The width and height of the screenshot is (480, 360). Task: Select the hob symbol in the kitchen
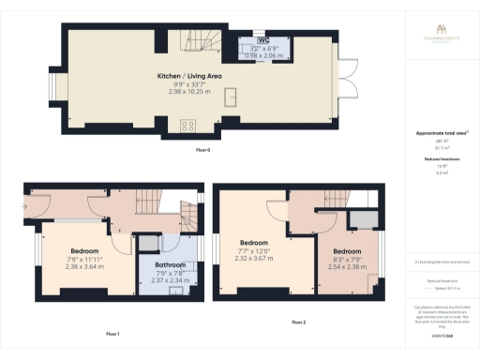tap(187, 126)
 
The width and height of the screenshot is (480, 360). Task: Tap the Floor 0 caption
tap(202, 149)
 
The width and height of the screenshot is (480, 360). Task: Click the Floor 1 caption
tap(112, 334)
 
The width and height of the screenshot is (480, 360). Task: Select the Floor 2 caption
tap(298, 322)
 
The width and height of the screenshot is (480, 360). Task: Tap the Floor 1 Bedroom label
tap(85, 250)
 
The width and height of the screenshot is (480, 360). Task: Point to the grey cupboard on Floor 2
tap(358, 219)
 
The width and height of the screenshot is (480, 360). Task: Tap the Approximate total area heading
tap(441, 134)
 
